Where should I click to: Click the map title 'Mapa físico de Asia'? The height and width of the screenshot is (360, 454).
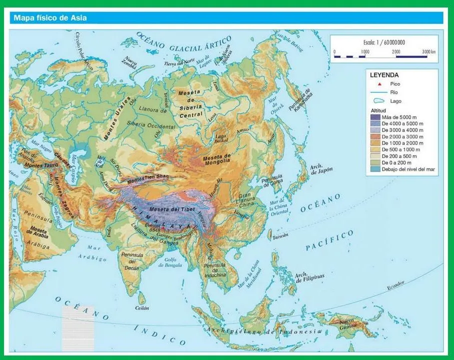click(x=50, y=18)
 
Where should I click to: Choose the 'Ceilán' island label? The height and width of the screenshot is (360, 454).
click(x=142, y=308)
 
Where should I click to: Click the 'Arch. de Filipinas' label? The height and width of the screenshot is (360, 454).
click(x=309, y=277)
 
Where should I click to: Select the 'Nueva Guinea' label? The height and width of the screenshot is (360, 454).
click(x=350, y=323)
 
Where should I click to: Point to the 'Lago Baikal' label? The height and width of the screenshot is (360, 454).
click(x=221, y=139)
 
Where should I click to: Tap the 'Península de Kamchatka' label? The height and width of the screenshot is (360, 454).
click(x=302, y=102)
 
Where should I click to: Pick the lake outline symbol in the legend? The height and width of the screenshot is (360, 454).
click(x=380, y=100)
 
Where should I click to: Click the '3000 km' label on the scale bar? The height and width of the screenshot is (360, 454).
click(x=429, y=52)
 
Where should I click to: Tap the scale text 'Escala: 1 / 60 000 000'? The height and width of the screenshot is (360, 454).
click(x=384, y=42)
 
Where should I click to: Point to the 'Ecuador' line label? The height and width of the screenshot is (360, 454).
click(x=395, y=287)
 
